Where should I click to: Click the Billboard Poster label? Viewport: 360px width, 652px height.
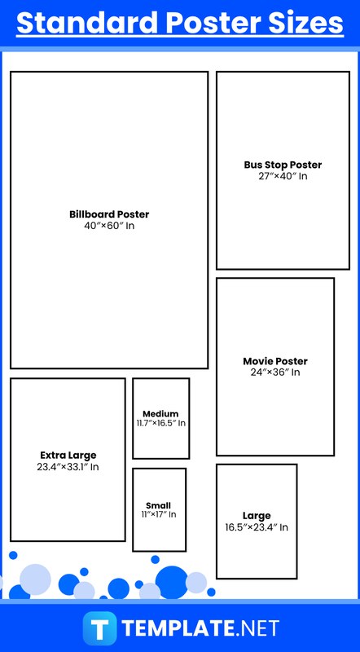[109, 214]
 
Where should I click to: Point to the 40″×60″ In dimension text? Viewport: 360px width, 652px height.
[109, 227]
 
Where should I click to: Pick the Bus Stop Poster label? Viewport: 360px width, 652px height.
[283, 165]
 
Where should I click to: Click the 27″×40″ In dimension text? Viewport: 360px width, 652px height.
[283, 176]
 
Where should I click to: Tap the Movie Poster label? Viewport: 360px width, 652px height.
[275, 361]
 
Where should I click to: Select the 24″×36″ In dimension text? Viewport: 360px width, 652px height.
[275, 372]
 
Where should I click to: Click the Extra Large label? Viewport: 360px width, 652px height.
[68, 455]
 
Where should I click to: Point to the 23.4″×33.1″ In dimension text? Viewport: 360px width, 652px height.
[68, 466]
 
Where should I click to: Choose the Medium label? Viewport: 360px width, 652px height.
[160, 414]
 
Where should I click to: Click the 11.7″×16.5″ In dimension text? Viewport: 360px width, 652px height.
[161, 423]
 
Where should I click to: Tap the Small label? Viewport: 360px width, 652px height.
[158, 505]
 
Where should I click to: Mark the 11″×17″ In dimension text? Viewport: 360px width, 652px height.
[159, 514]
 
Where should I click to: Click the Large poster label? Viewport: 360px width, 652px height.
[257, 516]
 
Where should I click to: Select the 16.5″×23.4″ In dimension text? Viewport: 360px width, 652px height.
[257, 527]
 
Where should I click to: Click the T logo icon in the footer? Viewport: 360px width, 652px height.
[99, 628]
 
